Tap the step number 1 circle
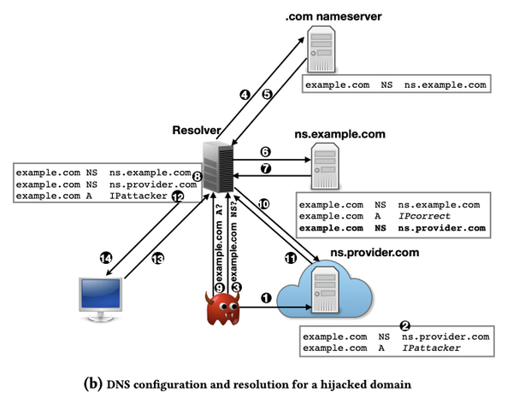(x=266, y=299)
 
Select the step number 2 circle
(x=405, y=325)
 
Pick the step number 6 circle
(x=266, y=151)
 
